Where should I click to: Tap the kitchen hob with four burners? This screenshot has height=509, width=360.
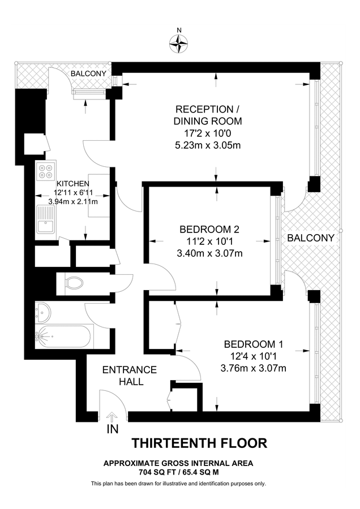pos(46,170)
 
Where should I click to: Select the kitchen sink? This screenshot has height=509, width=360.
pos(44,219)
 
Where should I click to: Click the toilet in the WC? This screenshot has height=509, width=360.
pos(73,281)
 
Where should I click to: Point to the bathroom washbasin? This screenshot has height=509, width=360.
pos(44,312)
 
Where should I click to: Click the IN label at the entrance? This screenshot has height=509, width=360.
pos(112,430)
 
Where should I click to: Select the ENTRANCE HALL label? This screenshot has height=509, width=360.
pos(129,376)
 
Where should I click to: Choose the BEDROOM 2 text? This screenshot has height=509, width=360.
pos(209,229)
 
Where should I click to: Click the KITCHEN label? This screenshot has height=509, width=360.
pos(72,183)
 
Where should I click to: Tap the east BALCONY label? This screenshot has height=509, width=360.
pos(311,238)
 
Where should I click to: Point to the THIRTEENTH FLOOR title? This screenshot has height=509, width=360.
pos(199,442)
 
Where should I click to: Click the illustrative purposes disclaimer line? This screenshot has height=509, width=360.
pos(178,484)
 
